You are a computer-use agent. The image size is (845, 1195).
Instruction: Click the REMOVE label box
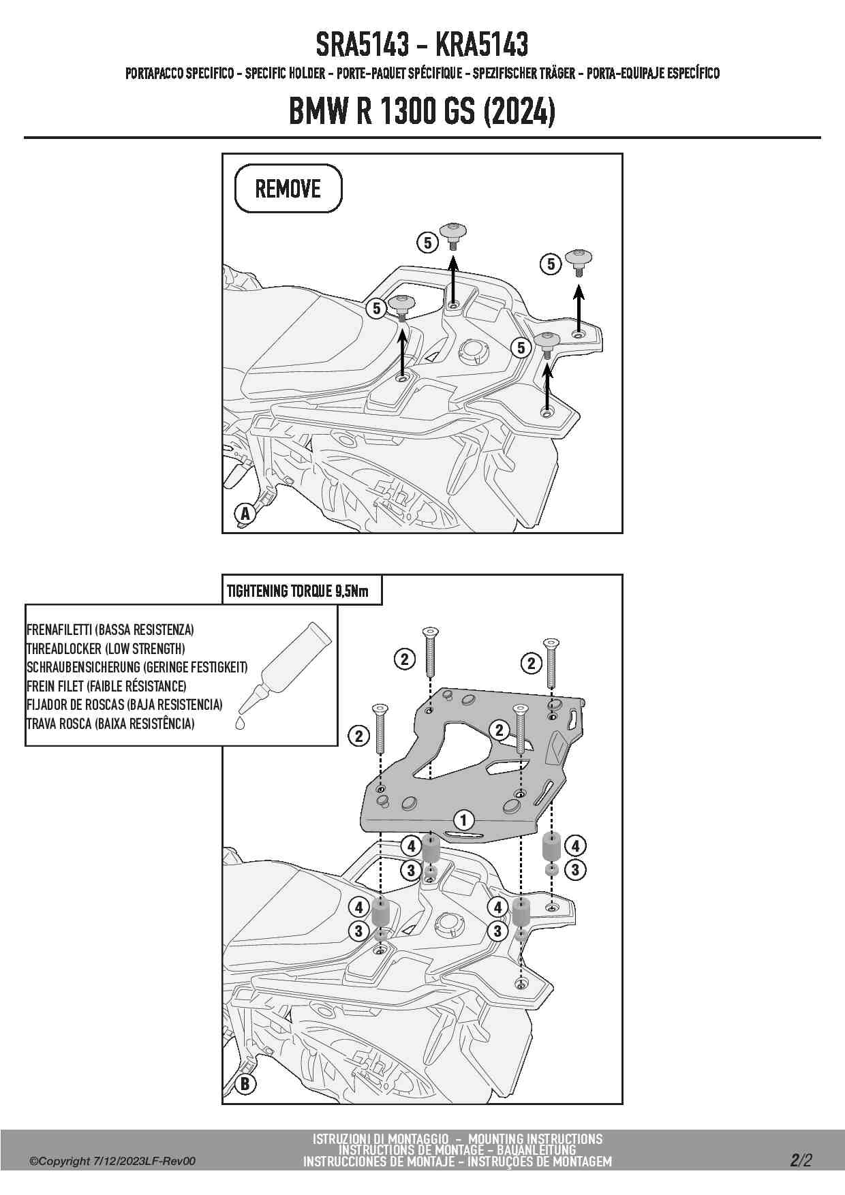pyautogui.click(x=288, y=189)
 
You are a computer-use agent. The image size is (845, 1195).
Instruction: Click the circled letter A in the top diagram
pyautogui.click(x=245, y=513)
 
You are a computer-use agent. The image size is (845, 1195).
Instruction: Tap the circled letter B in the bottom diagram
pyautogui.click(x=245, y=1083)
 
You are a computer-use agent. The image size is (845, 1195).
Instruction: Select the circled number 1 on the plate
pyautogui.click(x=464, y=820)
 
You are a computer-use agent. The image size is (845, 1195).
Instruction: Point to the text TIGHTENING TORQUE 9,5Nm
pyautogui.click(x=297, y=591)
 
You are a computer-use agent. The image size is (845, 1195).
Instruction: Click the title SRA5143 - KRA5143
pyautogui.click(x=422, y=45)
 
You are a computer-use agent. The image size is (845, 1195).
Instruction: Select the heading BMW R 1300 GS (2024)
pyautogui.click(x=422, y=112)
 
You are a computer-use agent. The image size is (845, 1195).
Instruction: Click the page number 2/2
pyautogui.click(x=801, y=1160)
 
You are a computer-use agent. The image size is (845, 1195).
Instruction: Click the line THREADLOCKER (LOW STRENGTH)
pyautogui.click(x=106, y=649)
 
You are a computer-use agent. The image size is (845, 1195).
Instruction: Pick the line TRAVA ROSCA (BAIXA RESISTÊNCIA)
pyautogui.click(x=110, y=724)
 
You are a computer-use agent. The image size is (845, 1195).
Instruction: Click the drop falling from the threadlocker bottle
pyautogui.click(x=239, y=722)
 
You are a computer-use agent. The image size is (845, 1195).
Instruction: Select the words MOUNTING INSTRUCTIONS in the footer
pyautogui.click(x=535, y=1138)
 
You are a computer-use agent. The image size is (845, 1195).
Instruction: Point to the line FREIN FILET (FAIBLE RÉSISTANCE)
pyautogui.click(x=106, y=686)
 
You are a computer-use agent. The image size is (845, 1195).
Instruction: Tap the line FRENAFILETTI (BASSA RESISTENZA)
pyautogui.click(x=110, y=630)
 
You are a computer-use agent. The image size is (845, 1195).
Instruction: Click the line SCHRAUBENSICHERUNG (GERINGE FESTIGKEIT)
pyautogui.click(x=137, y=667)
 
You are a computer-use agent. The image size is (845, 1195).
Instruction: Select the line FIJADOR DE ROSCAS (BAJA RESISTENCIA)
pyautogui.click(x=125, y=704)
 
